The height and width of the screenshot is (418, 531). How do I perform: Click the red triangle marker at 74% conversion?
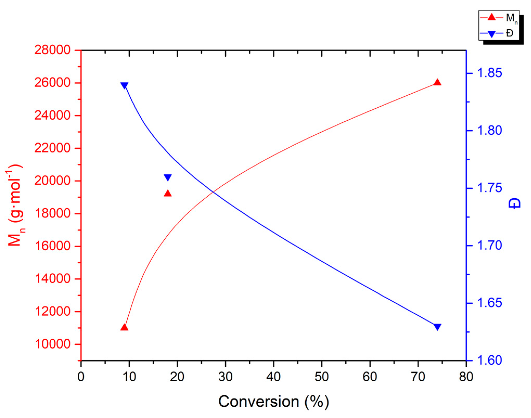[437, 83]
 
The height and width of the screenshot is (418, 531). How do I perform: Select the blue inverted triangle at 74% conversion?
[437, 327]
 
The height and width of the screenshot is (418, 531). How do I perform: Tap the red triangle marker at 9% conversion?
[125, 327]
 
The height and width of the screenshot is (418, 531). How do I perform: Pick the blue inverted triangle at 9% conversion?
[125, 86]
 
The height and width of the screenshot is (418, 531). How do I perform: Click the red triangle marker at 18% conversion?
[168, 193]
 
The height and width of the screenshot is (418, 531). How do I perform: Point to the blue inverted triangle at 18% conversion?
[168, 178]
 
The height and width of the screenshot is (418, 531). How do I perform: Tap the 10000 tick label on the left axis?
[52, 344]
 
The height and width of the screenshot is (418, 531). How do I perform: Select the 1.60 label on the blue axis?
[489, 360]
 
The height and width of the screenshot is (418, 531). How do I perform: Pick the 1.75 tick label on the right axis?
[489, 188]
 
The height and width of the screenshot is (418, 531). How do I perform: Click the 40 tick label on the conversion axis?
[273, 377]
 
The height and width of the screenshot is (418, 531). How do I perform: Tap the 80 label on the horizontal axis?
[466, 377]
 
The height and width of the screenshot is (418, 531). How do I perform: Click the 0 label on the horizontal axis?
[81, 377]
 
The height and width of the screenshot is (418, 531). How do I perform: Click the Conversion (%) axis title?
[274, 402]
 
